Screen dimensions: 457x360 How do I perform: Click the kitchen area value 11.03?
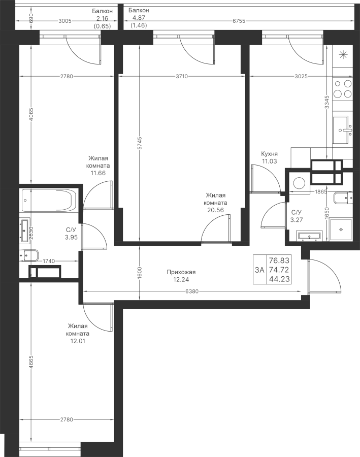point(269,161)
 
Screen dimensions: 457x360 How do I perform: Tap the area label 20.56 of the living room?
point(216,210)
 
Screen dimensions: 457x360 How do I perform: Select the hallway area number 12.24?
point(181,279)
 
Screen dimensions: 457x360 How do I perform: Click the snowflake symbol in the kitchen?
point(343,55)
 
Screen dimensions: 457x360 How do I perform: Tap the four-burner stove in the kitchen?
point(343,89)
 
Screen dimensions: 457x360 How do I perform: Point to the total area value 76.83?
point(279,259)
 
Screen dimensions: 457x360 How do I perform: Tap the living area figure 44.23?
point(279,279)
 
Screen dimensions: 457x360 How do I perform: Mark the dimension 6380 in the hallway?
point(192,291)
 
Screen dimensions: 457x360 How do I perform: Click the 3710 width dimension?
point(182,77)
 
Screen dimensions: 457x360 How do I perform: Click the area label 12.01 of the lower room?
point(77,341)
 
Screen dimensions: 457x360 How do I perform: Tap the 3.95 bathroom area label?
point(71,236)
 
